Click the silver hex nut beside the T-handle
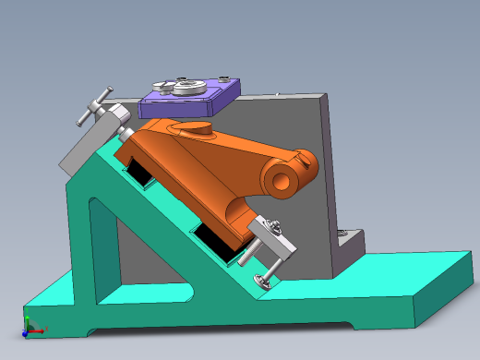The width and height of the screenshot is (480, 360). click(116, 118)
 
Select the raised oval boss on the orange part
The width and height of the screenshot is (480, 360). click(200, 128)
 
